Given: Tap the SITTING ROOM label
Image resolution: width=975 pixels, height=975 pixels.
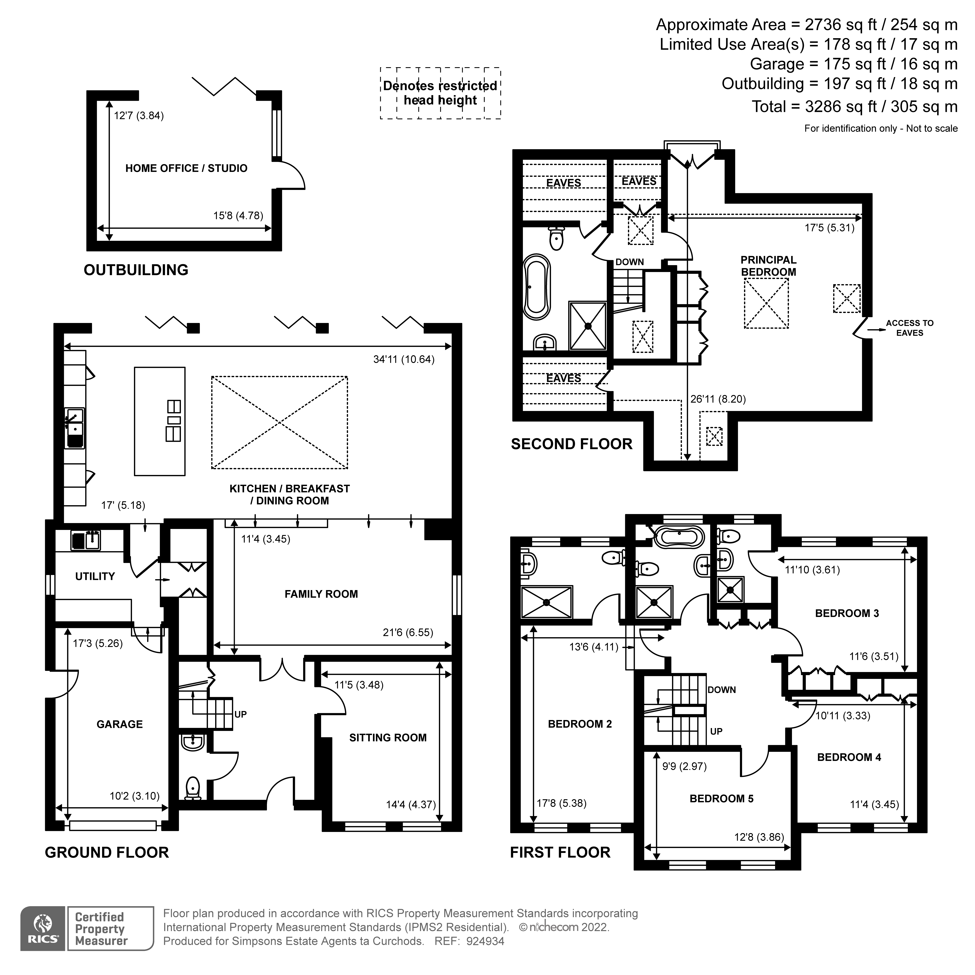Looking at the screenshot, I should click(x=388, y=738).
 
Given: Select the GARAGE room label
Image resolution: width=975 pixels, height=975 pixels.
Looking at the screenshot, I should click(x=120, y=724).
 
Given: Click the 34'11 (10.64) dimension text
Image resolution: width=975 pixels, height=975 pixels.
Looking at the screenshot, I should click(x=404, y=359).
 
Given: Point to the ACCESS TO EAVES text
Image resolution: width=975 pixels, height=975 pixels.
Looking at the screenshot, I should click(x=909, y=328).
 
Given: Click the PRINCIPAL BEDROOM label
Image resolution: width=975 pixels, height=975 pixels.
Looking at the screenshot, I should click(x=768, y=266).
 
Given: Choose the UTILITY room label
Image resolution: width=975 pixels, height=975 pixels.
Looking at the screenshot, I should click(x=95, y=576).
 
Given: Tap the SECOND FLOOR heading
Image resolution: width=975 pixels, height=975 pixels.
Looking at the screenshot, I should click(x=571, y=444).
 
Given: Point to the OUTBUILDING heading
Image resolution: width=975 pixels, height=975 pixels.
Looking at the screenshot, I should click(x=136, y=270).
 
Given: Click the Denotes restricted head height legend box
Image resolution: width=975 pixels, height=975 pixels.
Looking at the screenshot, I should click(x=440, y=93).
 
